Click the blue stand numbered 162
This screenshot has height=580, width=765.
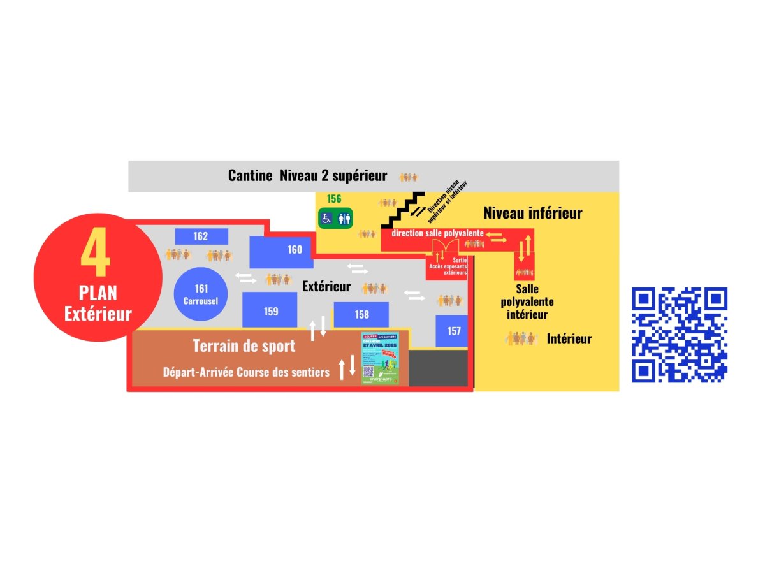tap(201, 236)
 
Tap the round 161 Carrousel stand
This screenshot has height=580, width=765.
tap(201, 294)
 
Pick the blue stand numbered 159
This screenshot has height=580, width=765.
tap(270, 310)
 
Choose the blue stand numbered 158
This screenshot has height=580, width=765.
tap(361, 314)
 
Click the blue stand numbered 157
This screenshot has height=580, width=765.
tap(453, 331)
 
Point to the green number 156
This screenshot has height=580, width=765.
tap(334, 199)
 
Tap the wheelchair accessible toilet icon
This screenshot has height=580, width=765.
tap(326, 218)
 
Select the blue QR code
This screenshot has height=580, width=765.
tap(680, 335)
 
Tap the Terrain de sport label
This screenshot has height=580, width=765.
tap(244, 346)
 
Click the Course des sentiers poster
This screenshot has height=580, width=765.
tap(381, 358)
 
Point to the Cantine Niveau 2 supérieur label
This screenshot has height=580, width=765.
tap(307, 176)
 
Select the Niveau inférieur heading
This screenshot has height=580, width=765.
tap(532, 213)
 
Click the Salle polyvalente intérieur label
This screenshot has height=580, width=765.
tap(527, 301)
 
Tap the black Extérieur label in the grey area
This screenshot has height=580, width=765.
tap(326, 287)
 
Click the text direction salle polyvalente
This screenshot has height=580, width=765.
tap(437, 233)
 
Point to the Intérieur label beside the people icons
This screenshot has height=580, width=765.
tap(569, 339)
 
